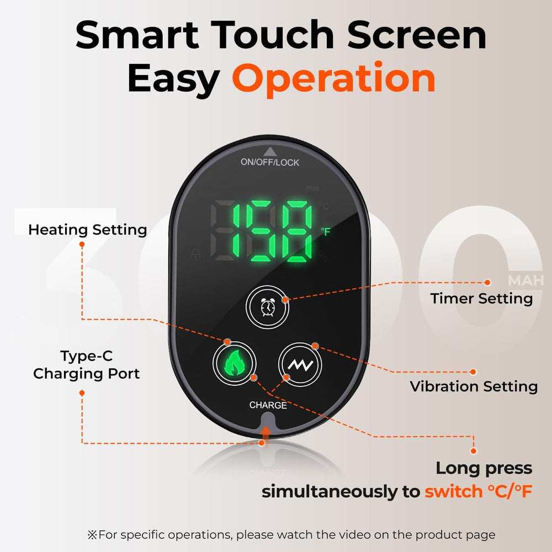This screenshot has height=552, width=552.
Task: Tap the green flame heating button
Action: pyautogui.click(x=234, y=363)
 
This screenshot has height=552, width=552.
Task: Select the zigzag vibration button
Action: pyautogui.click(x=299, y=363)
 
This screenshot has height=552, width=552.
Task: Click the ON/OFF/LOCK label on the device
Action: pyautogui.click(x=269, y=162)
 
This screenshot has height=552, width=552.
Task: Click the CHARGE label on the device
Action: pyautogui.click(x=268, y=405)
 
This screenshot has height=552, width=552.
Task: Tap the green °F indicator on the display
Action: pyautogui.click(x=326, y=232)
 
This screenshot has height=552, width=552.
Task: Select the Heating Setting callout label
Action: pyautogui.click(x=88, y=230)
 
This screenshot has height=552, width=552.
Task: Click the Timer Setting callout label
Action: pyautogui.click(x=481, y=299)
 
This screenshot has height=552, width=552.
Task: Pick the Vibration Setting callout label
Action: pyautogui.click(x=474, y=386)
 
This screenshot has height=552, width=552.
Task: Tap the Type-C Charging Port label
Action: pyautogui.click(x=87, y=365)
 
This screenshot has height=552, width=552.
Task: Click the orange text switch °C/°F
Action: pyautogui.click(x=478, y=491)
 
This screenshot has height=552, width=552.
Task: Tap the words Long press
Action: pyautogui.click(x=484, y=468)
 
